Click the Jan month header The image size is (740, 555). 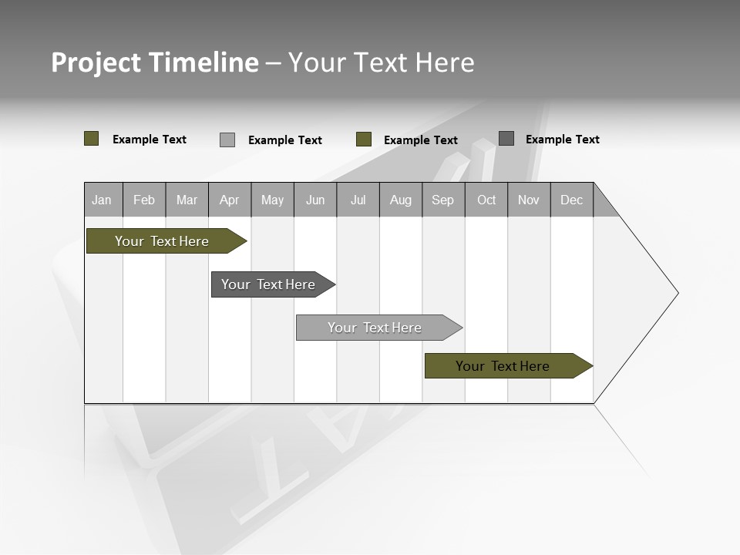tap(103, 200)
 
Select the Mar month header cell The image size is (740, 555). tap(187, 200)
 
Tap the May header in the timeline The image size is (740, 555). tap(272, 200)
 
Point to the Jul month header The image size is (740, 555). tap(358, 200)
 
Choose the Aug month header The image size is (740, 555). tap(401, 200)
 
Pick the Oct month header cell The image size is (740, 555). tap(486, 200)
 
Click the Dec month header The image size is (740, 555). tap(572, 200)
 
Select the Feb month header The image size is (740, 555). tap(144, 200)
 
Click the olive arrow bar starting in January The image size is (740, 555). tap(162, 241)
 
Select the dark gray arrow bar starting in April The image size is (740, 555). tap(268, 284)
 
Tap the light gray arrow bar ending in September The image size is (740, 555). tap(375, 328)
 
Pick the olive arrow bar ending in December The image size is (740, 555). tap(503, 366)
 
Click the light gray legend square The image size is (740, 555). tap(227, 140)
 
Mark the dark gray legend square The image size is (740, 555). tap(506, 139)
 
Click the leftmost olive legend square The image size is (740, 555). tap(92, 139)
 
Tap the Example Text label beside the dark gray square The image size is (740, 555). tap(562, 140)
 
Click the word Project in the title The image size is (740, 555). tap(96, 62)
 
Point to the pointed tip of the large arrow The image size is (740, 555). tap(676, 293)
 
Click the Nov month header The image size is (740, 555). tap(529, 200)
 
